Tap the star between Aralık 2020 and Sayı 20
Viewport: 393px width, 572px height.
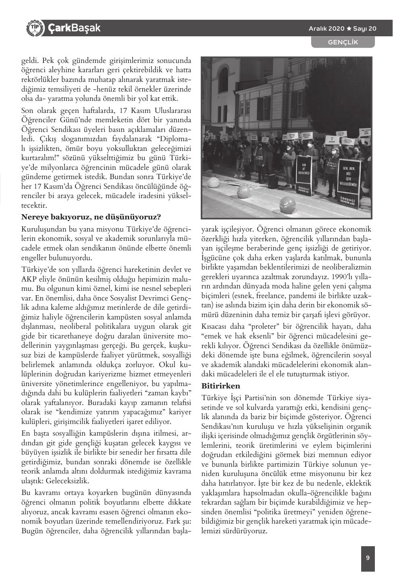(349, 29)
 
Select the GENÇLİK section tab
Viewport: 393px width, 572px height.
(343, 42)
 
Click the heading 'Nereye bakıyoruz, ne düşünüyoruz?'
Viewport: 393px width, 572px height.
(91, 217)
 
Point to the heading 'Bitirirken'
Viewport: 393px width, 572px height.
(220, 386)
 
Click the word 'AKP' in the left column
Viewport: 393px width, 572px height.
(29, 279)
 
